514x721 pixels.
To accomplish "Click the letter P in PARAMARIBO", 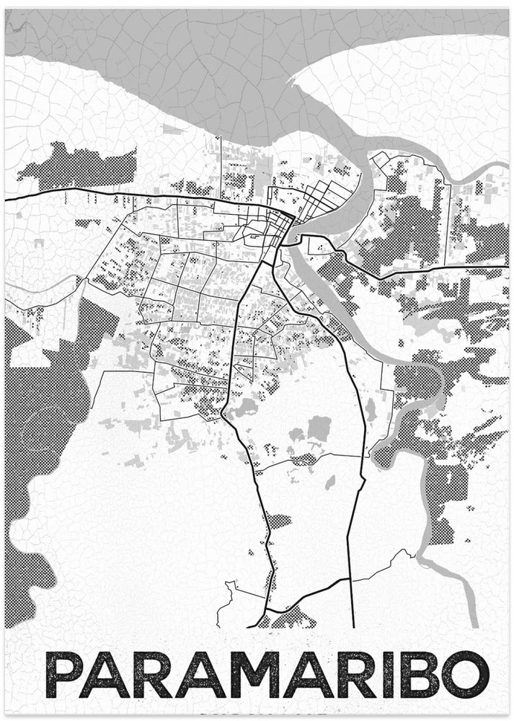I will coord(63,675).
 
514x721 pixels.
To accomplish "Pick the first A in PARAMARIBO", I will coord(109,675).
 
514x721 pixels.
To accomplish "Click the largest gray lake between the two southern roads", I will coord(319,428).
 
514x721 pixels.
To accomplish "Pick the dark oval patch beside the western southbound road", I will coord(280,520).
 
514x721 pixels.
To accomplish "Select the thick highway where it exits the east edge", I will coord(505,272).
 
